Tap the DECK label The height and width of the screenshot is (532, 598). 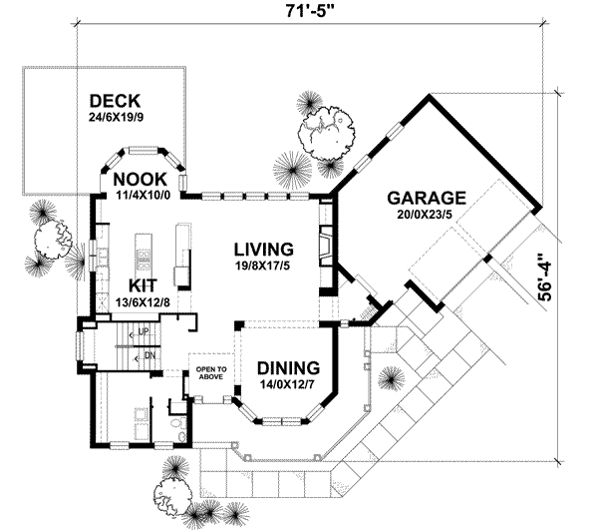coord(115,102)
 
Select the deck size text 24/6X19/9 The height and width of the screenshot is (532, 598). coord(115,119)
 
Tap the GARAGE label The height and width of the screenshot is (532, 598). coord(428,198)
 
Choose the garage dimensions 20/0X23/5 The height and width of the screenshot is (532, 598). coord(428,214)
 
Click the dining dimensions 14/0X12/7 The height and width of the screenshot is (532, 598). coord(287,382)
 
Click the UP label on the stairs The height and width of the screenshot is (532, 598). coord(143,330)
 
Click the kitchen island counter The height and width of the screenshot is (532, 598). coord(143,262)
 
